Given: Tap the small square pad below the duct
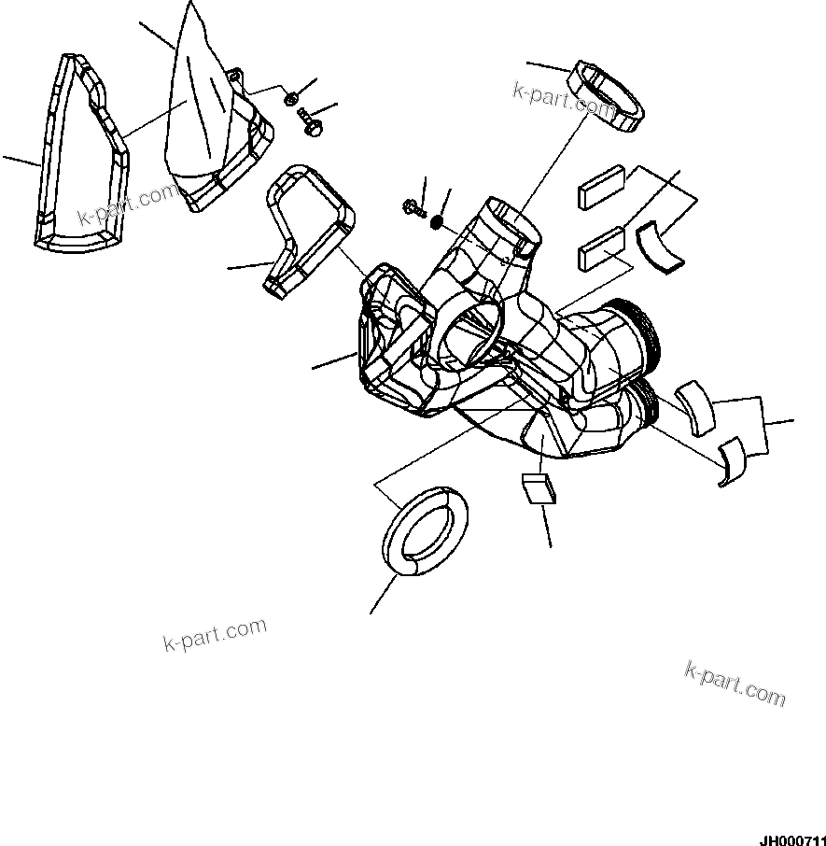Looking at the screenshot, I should pos(539,488).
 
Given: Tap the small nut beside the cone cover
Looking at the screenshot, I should pos(292,97).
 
